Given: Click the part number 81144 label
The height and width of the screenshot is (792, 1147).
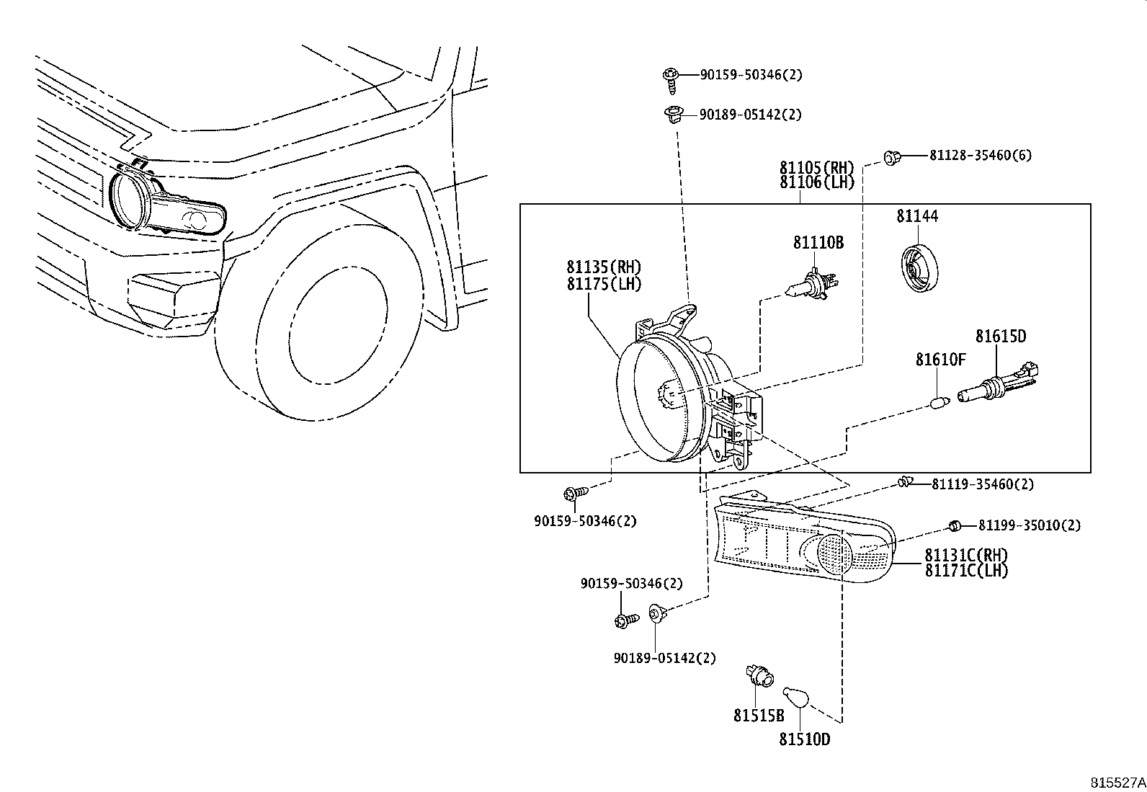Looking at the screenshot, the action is pos(917,216).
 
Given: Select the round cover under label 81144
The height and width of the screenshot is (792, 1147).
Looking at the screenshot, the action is pos(919,268).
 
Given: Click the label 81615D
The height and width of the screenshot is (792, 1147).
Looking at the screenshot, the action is pos(1001,336).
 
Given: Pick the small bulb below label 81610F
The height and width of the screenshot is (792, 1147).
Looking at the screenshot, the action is pos(940,403).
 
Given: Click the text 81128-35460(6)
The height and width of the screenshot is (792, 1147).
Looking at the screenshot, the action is pos(981,155).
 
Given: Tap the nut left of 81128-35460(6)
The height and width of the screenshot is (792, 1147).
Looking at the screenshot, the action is pos(893,158).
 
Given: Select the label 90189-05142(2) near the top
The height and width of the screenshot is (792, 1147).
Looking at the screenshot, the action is pos(751,115).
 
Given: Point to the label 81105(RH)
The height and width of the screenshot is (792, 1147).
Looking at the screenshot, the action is pos(817,167).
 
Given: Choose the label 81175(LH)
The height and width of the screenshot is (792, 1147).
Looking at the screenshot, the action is pos(604,284).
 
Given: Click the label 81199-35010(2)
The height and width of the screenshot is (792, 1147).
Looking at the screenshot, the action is pos(1030,525).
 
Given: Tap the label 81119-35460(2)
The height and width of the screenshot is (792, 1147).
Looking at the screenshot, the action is pos(983,484).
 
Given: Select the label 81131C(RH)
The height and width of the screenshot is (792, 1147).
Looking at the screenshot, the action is pos(966,555).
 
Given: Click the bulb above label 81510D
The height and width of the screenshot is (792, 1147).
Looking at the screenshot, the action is pos(795,697).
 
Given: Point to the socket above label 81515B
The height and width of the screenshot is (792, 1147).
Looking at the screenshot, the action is pos(760,676).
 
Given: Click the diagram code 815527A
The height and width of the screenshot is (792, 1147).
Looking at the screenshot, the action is pos(1117,783).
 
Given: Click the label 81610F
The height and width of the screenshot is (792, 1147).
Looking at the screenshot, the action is pos(941,360).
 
